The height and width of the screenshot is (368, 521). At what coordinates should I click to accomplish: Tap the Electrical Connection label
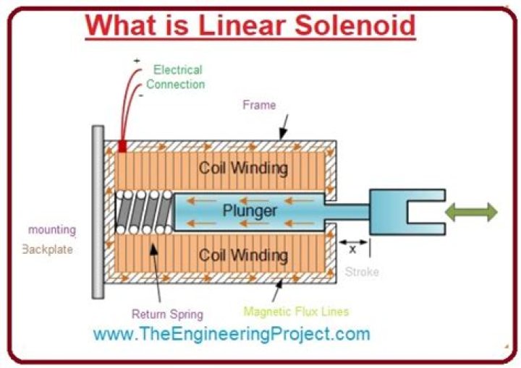[178, 77]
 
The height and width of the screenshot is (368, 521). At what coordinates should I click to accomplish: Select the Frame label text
[259, 106]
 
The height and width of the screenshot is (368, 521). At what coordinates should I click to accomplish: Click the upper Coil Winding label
[243, 168]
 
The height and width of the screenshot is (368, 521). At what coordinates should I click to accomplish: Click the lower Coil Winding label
[243, 255]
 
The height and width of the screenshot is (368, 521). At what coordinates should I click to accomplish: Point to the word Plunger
[249, 211]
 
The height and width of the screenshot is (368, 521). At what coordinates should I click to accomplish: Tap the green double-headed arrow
[471, 212]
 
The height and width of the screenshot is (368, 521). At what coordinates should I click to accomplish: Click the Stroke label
[361, 273]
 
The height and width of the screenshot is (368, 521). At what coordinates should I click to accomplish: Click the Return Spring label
[167, 314]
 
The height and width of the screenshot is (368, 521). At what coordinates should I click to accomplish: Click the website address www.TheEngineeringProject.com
[232, 335]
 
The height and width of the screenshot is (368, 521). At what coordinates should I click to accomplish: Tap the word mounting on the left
[51, 230]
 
